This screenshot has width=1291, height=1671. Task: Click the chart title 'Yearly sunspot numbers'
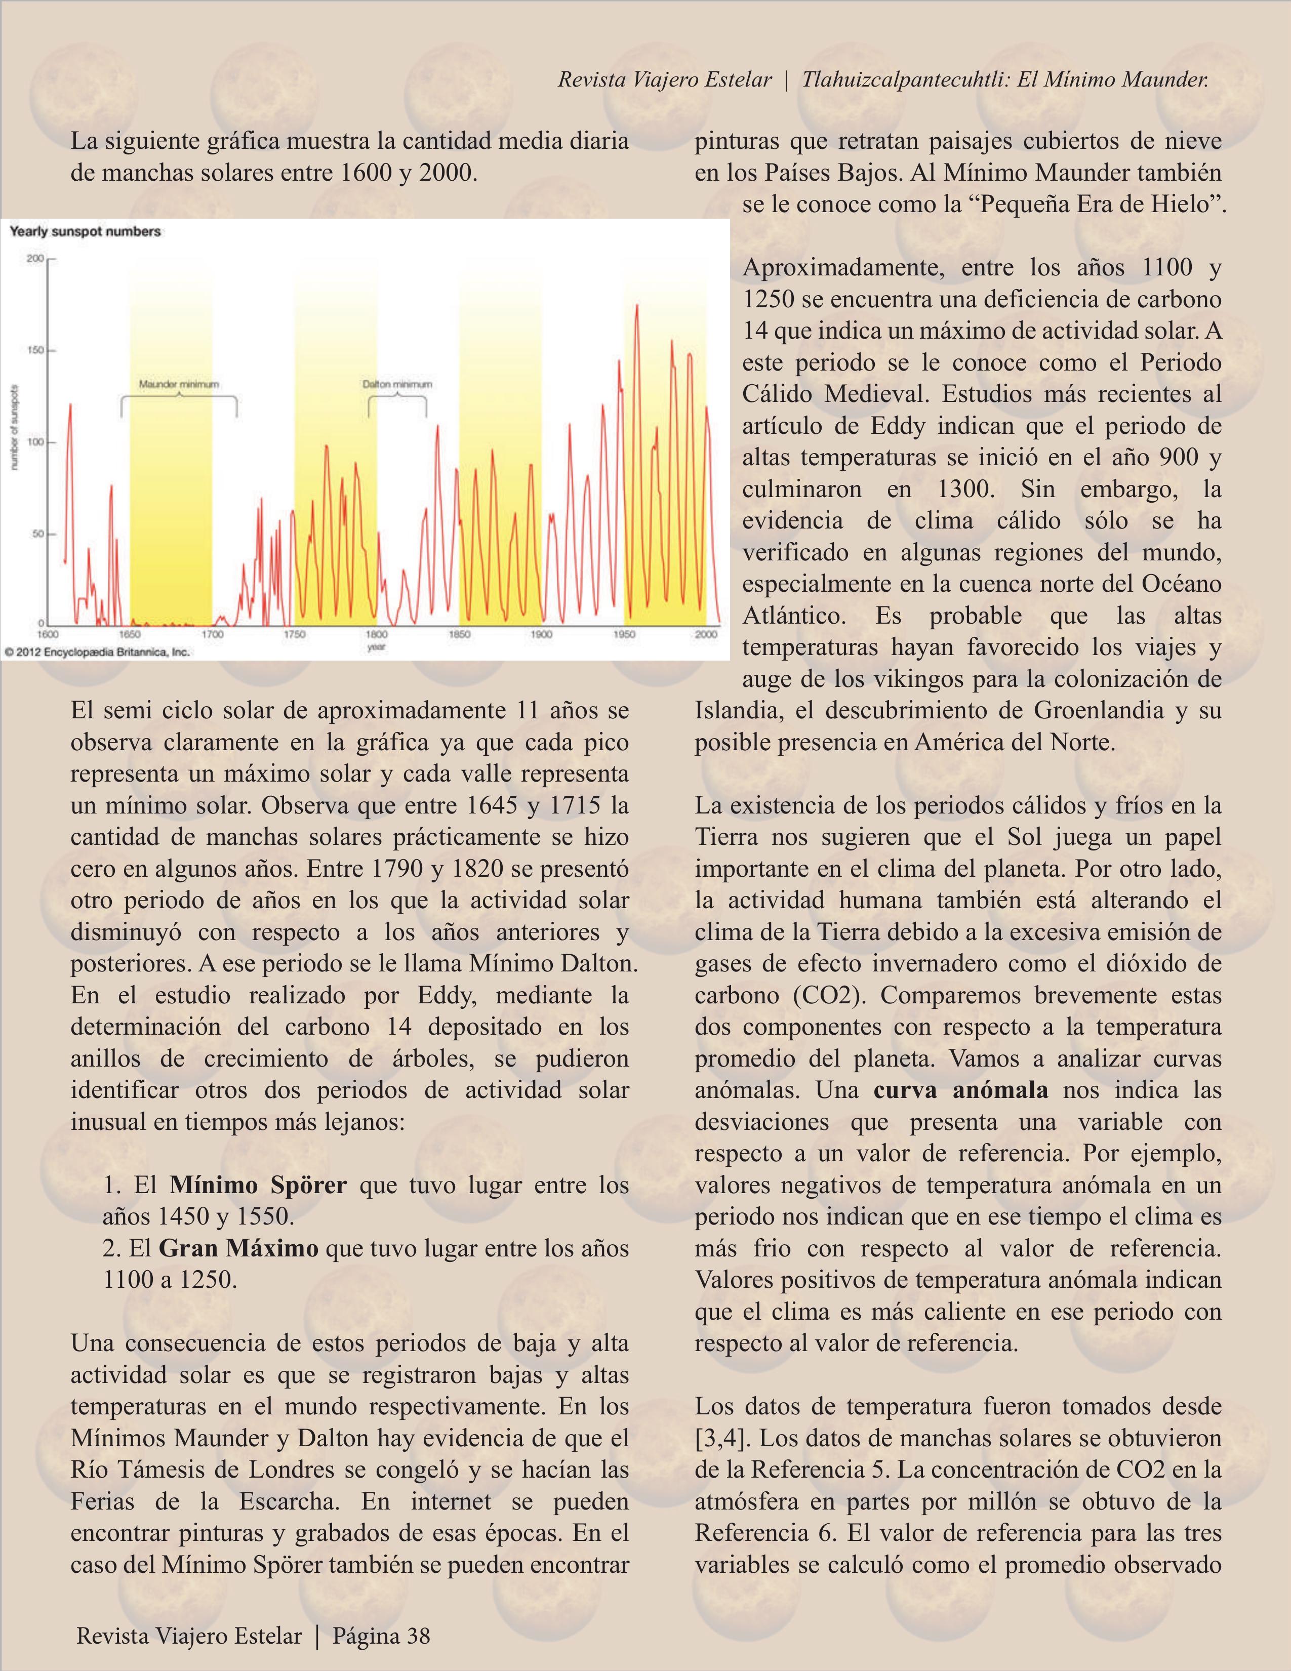[85, 231]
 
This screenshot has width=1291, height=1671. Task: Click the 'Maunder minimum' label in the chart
[178, 384]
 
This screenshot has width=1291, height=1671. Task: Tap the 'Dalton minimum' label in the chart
[397, 384]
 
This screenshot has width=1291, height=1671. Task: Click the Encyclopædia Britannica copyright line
[96, 653]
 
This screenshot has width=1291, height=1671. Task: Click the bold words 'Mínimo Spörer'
[258, 1185]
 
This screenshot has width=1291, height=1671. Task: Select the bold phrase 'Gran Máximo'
[239, 1248]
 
